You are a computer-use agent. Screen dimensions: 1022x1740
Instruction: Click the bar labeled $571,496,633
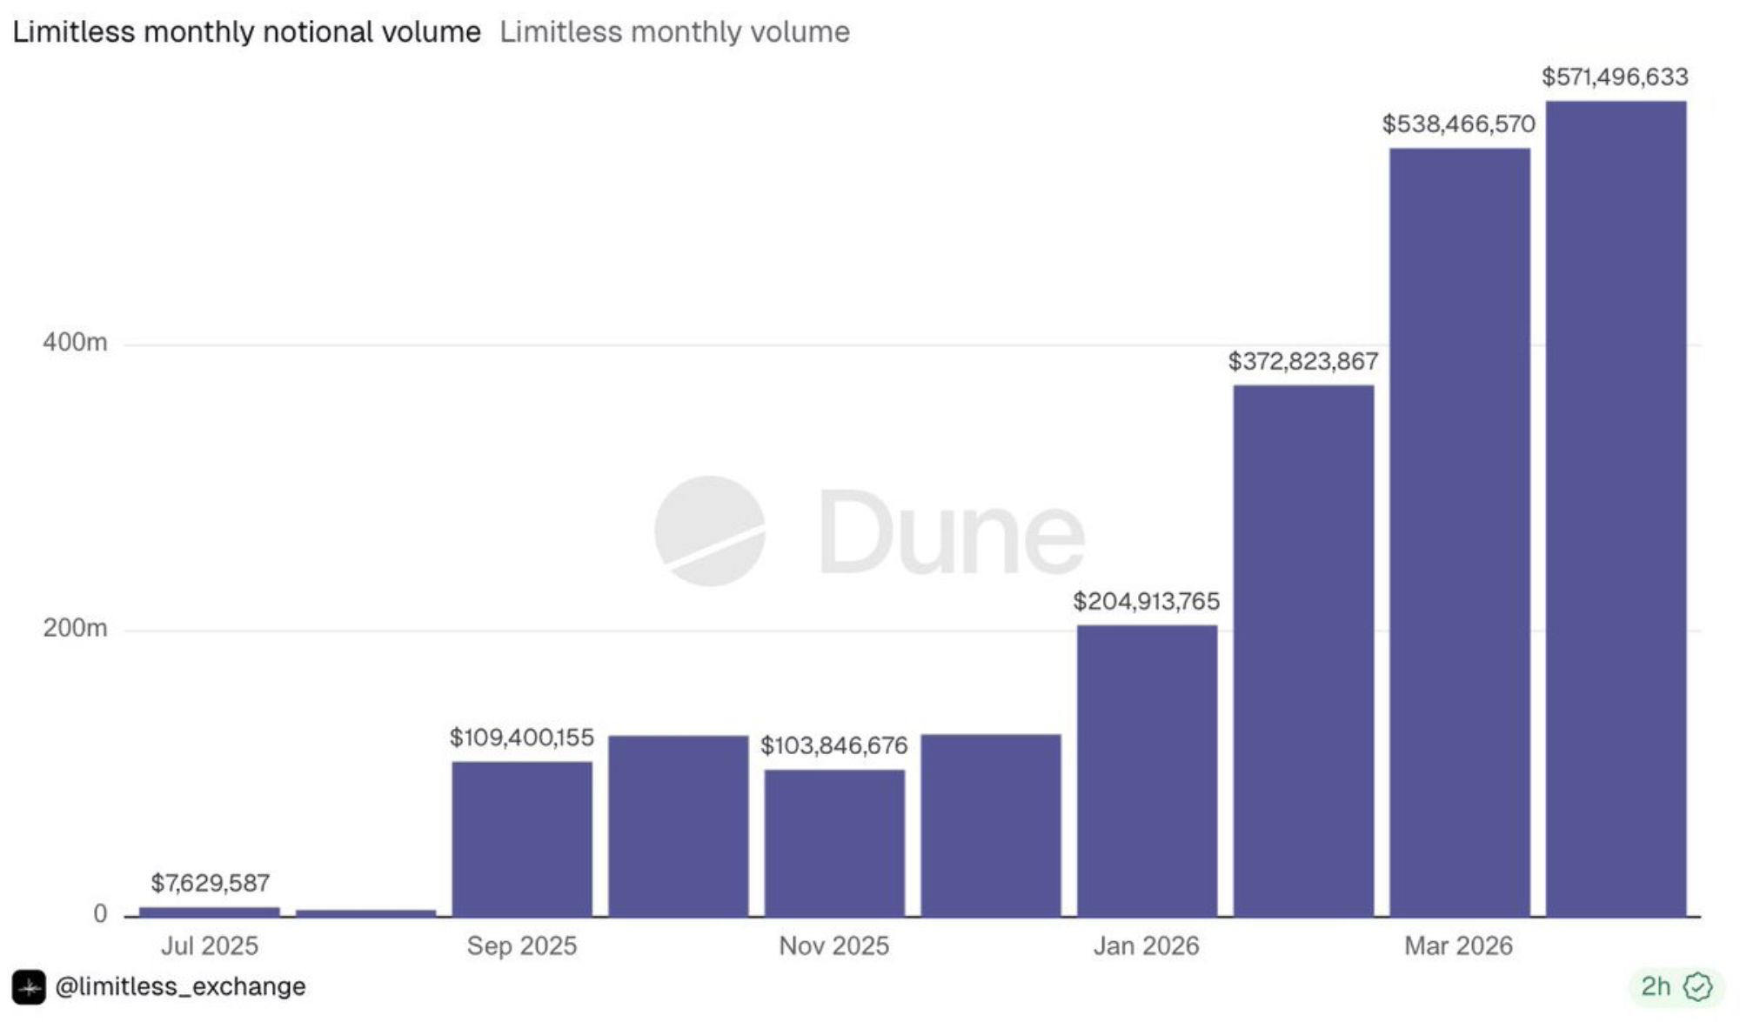pos(1616,509)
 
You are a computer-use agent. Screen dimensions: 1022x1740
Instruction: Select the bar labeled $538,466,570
pos(1459,532)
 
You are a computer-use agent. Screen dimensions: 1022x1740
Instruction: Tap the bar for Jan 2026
pos(1147,771)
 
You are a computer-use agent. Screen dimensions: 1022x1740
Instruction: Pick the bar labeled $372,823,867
pos(1303,651)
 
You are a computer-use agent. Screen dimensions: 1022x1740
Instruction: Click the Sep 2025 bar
pos(522,838)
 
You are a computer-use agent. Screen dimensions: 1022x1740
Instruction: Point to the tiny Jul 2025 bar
pos(210,912)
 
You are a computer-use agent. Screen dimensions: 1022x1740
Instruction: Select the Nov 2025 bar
pos(834,843)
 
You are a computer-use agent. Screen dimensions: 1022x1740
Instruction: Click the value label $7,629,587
pos(211,883)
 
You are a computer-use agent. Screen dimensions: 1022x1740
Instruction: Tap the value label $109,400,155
pos(522,738)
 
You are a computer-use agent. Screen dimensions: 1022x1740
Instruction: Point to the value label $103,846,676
pos(834,745)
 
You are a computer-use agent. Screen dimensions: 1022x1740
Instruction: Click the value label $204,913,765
pos(1147,601)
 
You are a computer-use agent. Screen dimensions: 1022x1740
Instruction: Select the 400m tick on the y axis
pos(75,343)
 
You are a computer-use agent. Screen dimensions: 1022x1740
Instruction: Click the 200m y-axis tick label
pos(75,628)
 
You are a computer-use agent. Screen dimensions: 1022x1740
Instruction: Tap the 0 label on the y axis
pos(100,913)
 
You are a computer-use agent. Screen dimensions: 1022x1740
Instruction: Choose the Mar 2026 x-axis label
pos(1459,945)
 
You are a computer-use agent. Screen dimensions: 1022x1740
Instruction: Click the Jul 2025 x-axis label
pos(210,945)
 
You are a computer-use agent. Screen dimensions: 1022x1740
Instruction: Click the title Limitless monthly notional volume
pos(246,32)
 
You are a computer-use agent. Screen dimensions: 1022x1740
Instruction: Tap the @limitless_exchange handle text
pos(180,986)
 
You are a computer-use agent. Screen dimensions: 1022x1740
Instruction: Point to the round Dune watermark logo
pos(710,531)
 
